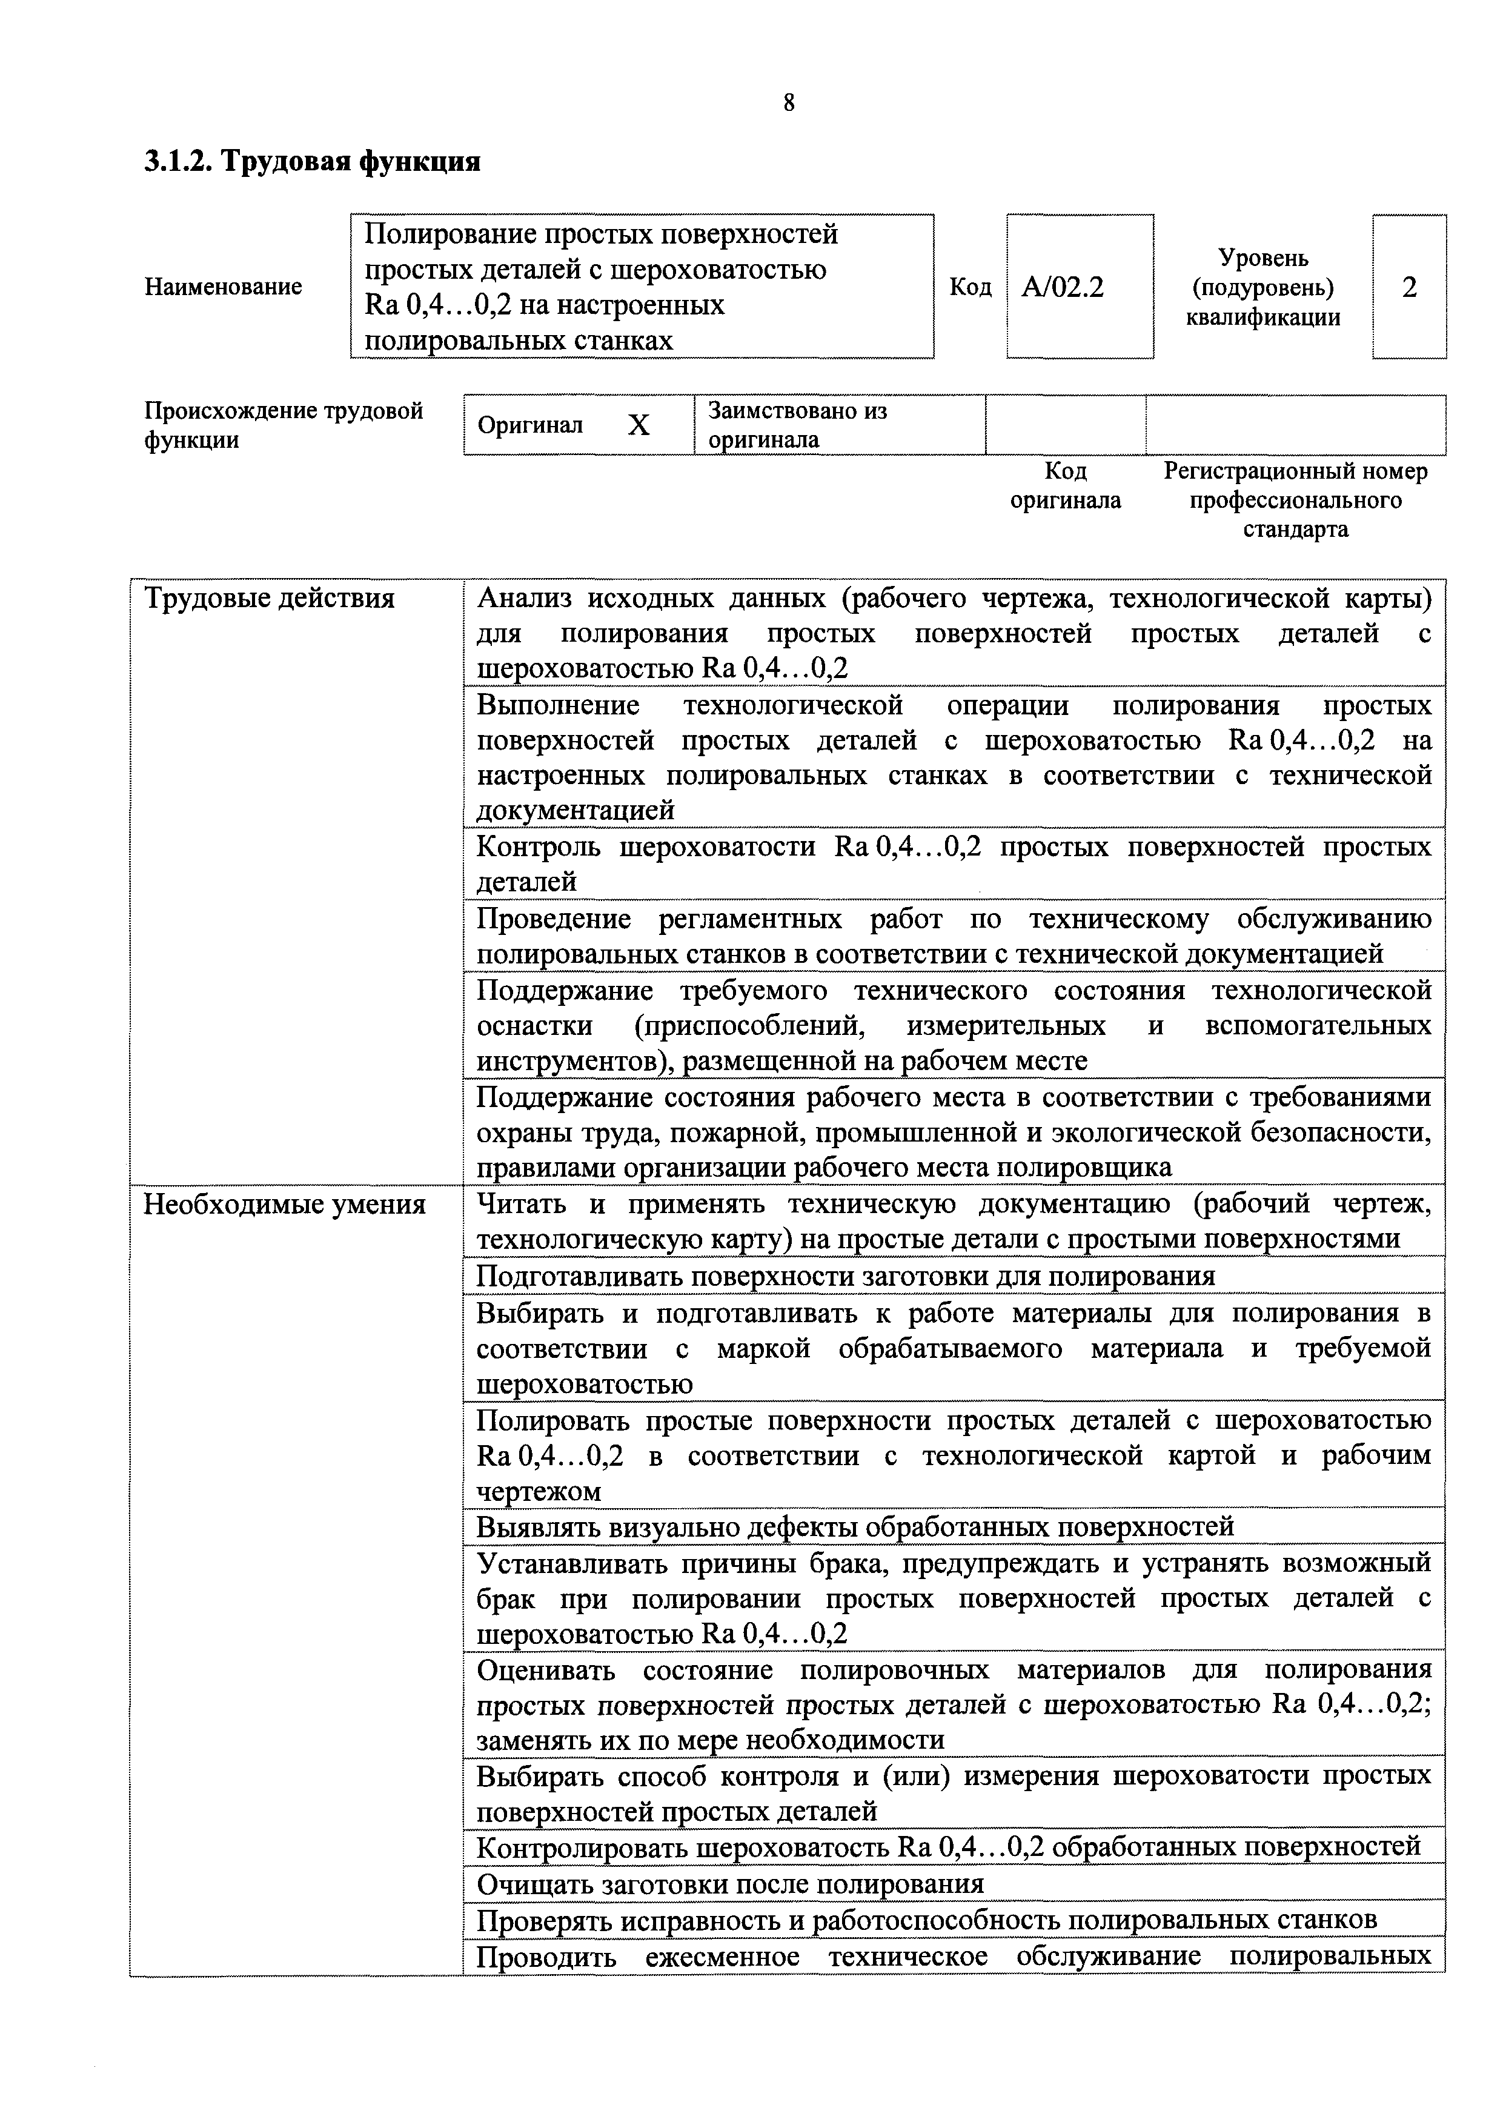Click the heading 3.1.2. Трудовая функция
tap(312, 162)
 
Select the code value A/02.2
tap(1063, 288)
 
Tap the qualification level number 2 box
tap(1408, 288)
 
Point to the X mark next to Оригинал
tap(639, 425)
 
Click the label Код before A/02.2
tap(970, 288)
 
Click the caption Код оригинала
tap(1065, 486)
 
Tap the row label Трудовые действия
tap(270, 599)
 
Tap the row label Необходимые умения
tap(284, 1205)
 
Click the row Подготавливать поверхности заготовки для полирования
tap(845, 1276)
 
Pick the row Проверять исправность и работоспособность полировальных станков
tap(926, 1920)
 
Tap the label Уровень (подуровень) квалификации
tap(1262, 288)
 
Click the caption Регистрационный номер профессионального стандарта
tap(1295, 500)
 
